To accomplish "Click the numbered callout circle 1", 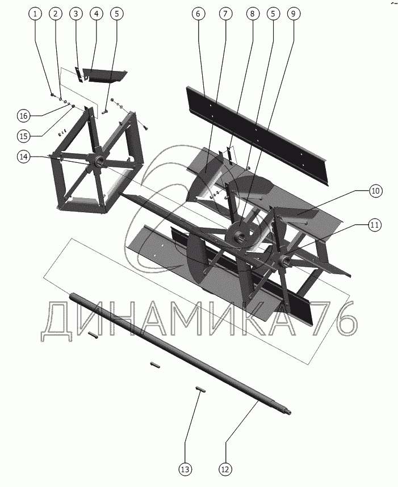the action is [x=35, y=14].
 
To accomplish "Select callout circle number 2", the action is [x=56, y=14].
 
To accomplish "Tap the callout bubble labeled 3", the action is [x=76, y=14].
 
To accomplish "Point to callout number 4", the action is [x=97, y=14].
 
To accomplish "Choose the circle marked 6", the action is [x=199, y=14].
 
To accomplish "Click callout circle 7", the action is [x=225, y=14].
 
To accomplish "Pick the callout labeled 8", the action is [x=252, y=14].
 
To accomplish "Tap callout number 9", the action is [x=294, y=14].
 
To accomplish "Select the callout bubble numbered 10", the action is [x=376, y=191].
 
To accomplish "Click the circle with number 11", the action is [x=375, y=225].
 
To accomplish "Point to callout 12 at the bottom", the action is [x=225, y=469].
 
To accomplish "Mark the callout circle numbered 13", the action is [x=185, y=469].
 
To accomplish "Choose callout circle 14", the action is [x=24, y=157].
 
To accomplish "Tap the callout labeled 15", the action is [x=24, y=136].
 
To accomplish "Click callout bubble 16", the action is [x=24, y=116].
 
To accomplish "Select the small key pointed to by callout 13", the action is [x=200, y=389].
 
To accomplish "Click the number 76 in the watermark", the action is [x=333, y=321].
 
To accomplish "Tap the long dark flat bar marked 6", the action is [x=257, y=136].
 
